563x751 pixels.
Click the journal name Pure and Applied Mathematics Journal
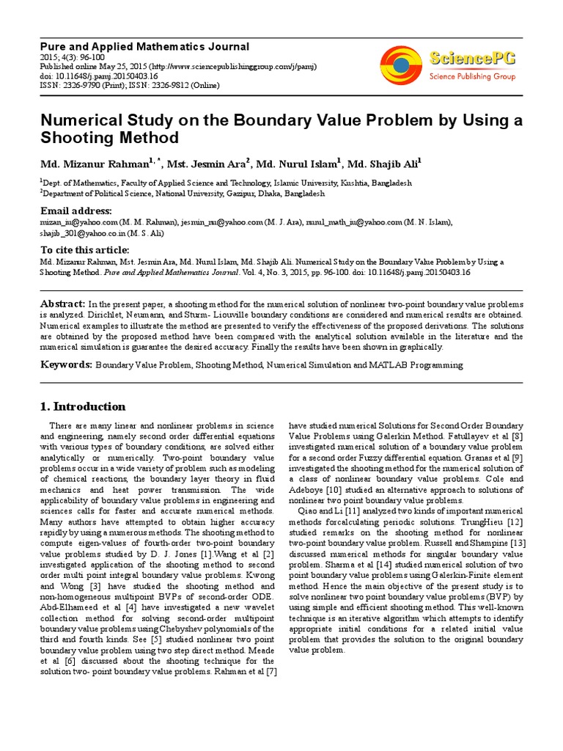click(x=144, y=46)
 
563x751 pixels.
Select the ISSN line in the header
click(x=129, y=85)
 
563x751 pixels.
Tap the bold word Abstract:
click(x=62, y=304)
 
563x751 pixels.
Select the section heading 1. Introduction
click(x=82, y=407)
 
